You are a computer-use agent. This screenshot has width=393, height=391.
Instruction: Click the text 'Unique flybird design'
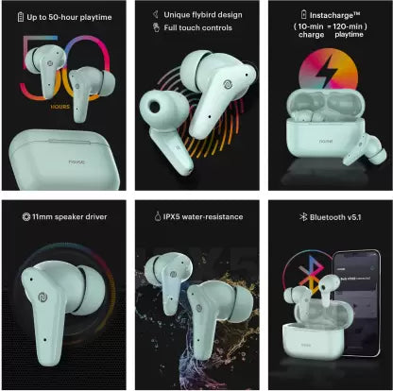204,14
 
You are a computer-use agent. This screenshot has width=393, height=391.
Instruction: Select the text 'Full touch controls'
202,27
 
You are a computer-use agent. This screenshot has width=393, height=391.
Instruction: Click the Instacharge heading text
332,14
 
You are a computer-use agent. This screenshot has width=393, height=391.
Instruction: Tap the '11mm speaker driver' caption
72,216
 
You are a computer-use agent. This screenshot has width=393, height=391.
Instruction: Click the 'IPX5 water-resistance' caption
202,216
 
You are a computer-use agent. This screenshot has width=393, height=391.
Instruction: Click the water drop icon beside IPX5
152,216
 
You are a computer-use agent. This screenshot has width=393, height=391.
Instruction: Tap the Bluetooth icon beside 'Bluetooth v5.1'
291,216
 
